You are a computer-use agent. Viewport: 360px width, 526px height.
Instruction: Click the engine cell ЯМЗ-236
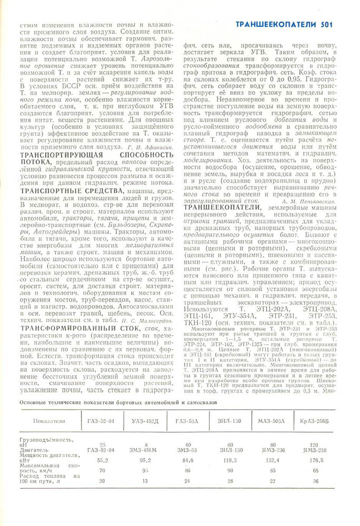click(273, 450)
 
